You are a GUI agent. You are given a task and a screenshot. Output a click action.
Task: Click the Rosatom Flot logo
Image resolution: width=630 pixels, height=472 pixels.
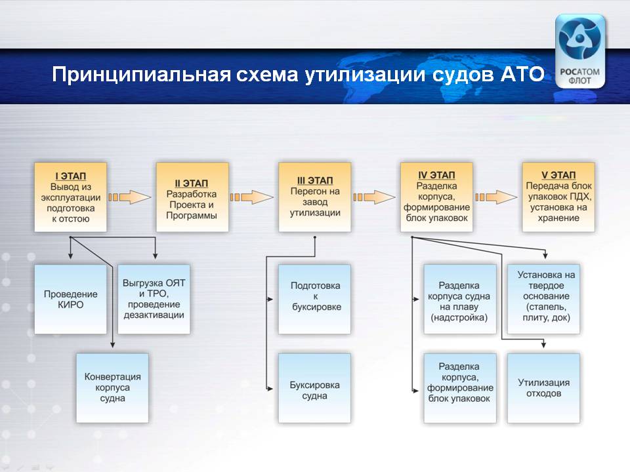(579, 51)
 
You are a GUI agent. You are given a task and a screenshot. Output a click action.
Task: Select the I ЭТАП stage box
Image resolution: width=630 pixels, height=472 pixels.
(71, 197)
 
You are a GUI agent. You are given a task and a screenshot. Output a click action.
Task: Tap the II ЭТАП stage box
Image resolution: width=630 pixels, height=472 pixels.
(192, 197)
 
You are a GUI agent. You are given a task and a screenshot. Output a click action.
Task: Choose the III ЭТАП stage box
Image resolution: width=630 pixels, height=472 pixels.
(314, 197)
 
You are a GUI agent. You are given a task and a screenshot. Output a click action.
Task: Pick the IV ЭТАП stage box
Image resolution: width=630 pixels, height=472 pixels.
(437, 197)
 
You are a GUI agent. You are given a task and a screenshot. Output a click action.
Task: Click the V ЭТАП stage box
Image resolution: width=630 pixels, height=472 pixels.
(558, 197)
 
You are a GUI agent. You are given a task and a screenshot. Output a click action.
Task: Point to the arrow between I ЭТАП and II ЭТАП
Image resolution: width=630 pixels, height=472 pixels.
(130, 197)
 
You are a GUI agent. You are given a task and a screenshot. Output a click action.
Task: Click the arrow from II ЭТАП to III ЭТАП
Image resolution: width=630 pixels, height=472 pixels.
(251, 197)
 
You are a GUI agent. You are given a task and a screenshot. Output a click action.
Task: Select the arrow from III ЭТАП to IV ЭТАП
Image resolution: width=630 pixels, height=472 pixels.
(374, 197)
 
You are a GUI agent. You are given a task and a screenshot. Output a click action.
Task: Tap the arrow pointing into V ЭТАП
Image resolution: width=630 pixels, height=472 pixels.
(496, 197)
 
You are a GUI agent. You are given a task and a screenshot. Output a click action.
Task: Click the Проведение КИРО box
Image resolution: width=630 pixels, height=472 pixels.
(71, 300)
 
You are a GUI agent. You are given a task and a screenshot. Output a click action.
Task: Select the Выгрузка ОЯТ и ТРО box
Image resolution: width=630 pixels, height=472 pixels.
(154, 300)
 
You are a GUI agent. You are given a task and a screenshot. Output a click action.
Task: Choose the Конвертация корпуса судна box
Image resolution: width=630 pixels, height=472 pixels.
(112, 388)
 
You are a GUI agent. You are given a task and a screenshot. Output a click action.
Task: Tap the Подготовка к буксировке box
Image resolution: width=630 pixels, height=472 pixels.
(314, 300)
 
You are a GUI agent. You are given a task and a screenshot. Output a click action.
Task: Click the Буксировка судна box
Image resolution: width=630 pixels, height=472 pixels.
(314, 388)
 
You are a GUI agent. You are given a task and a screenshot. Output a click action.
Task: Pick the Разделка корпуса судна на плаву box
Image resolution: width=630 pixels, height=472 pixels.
(460, 300)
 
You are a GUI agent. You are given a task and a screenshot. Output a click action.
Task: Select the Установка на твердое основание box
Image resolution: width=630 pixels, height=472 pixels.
(543, 300)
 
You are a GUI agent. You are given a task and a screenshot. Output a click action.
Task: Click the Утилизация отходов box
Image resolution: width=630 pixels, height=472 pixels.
(543, 388)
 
